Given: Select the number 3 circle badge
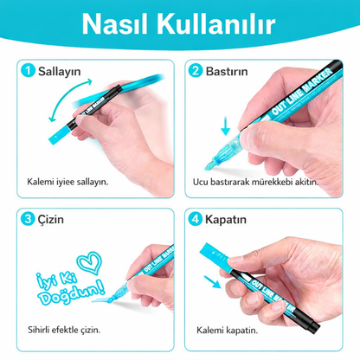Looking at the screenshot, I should point(29,221).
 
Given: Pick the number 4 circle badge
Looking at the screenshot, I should point(196,221).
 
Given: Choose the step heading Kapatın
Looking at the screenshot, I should point(227,221).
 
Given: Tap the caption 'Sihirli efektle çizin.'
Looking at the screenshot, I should point(65,330).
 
